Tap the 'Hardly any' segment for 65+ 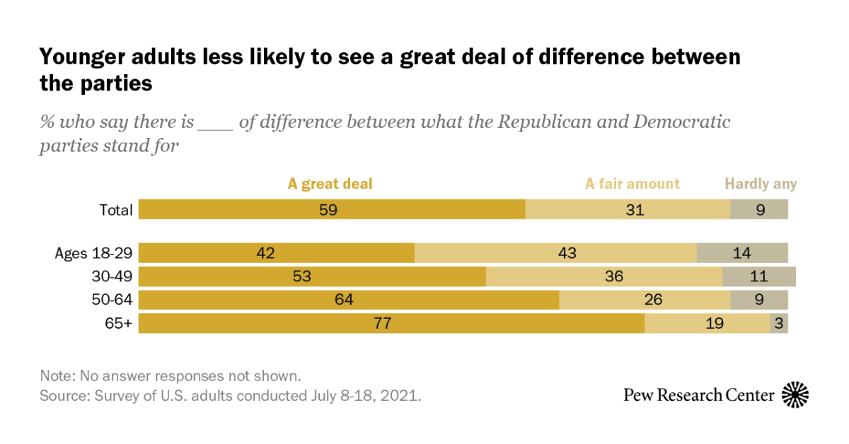pyautogui.click(x=778, y=323)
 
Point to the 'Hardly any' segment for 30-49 pyautogui.click(x=758, y=276)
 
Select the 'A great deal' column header pyautogui.click(x=330, y=184)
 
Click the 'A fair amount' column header pyautogui.click(x=632, y=184)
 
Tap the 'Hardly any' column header pyautogui.click(x=761, y=184)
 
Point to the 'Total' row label pyautogui.click(x=116, y=210)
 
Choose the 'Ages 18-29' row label pyautogui.click(x=94, y=253)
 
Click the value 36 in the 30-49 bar pyautogui.click(x=614, y=276)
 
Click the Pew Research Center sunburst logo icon pyautogui.click(x=795, y=395)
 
